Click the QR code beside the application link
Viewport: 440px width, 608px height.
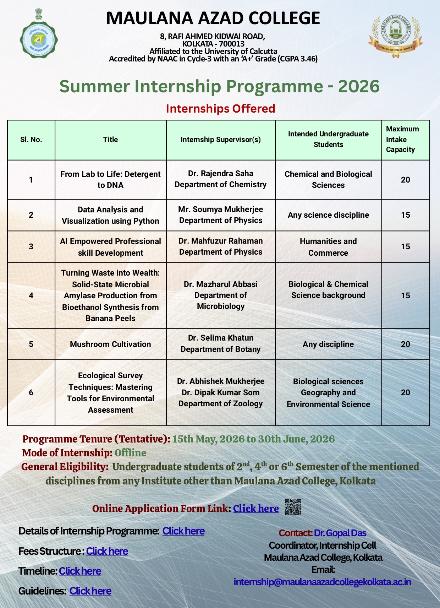click(293, 507)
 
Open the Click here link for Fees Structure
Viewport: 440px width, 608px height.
click(107, 551)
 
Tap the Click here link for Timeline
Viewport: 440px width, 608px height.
click(80, 571)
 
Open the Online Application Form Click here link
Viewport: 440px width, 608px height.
click(256, 508)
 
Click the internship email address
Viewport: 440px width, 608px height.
click(322, 582)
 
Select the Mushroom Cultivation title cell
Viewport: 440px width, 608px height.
click(110, 344)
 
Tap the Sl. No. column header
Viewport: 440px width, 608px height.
click(31, 140)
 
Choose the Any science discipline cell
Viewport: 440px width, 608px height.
click(328, 215)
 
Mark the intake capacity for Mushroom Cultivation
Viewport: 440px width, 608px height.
click(405, 344)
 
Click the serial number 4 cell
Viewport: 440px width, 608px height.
click(31, 295)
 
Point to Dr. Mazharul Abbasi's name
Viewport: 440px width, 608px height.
click(220, 284)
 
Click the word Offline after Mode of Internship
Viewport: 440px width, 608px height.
click(130, 453)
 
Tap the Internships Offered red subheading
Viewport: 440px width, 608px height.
click(220, 108)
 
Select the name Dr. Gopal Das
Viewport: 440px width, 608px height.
click(340, 533)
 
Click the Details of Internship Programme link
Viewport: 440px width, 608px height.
click(183, 531)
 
